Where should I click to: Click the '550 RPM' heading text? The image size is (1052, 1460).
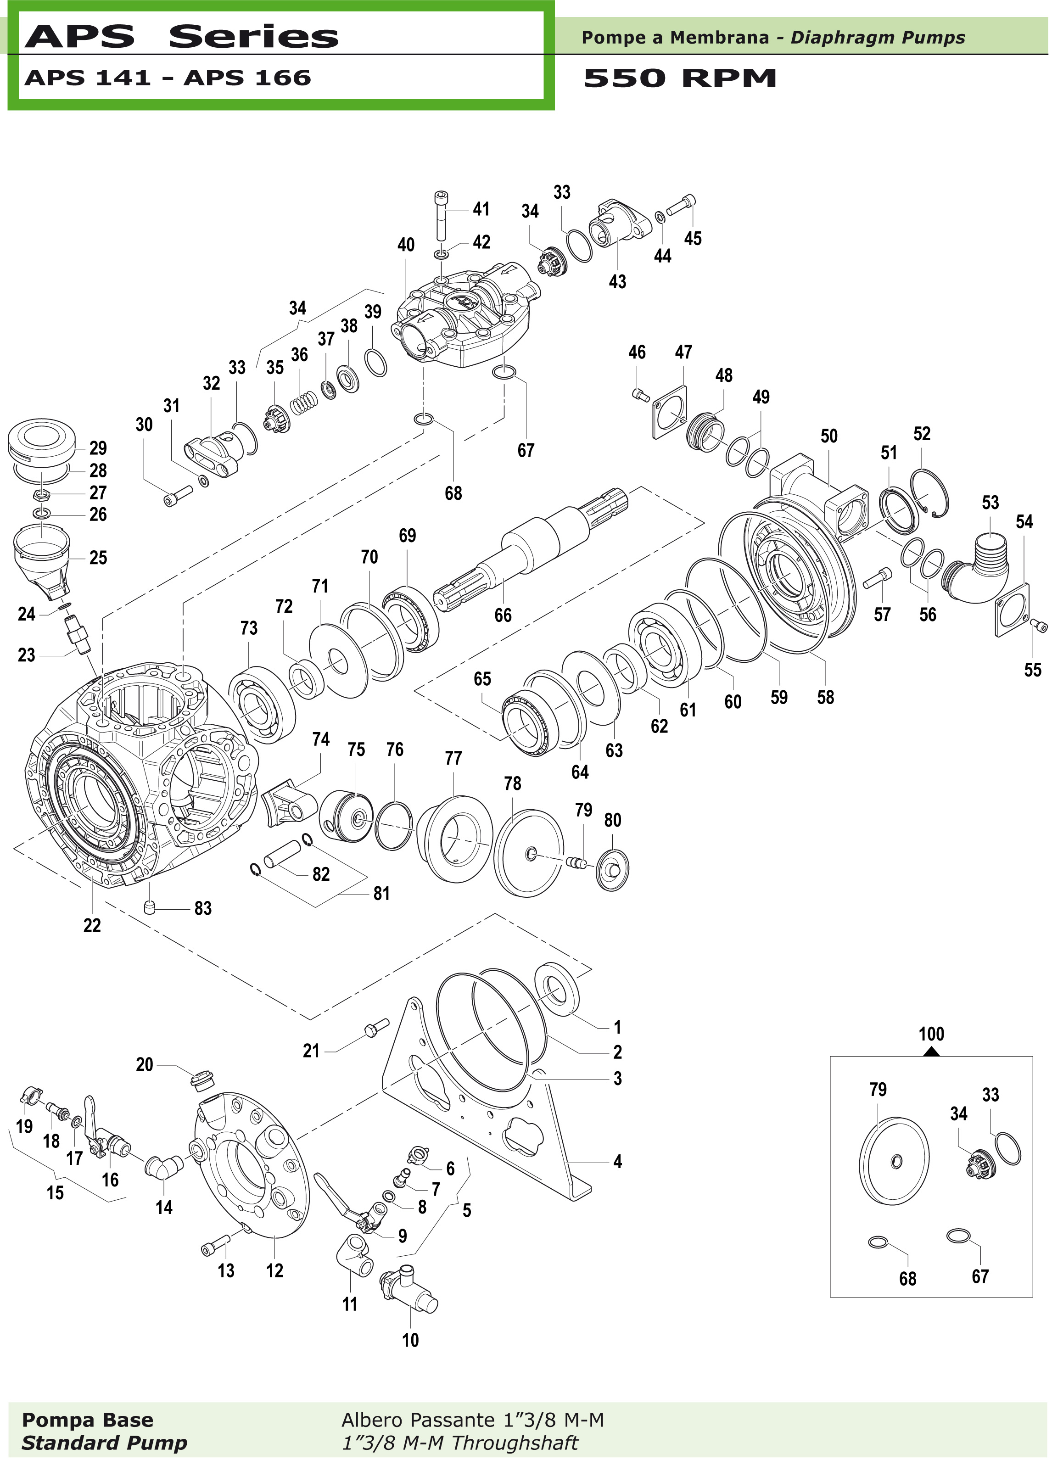[x=679, y=78]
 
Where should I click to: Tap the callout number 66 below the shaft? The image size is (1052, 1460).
[x=503, y=615]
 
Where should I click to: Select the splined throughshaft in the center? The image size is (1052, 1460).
[x=534, y=547]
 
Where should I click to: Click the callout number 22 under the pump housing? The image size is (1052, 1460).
[x=92, y=926]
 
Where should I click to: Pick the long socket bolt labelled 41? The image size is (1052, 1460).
[x=442, y=216]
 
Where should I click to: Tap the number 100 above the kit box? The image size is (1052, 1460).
[x=931, y=1035]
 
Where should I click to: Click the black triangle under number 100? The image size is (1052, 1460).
[x=931, y=1052]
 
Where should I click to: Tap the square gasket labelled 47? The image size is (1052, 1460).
[x=670, y=412]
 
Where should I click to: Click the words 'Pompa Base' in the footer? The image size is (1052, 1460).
[x=88, y=1420]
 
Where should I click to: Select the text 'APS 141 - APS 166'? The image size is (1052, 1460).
[x=168, y=78]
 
